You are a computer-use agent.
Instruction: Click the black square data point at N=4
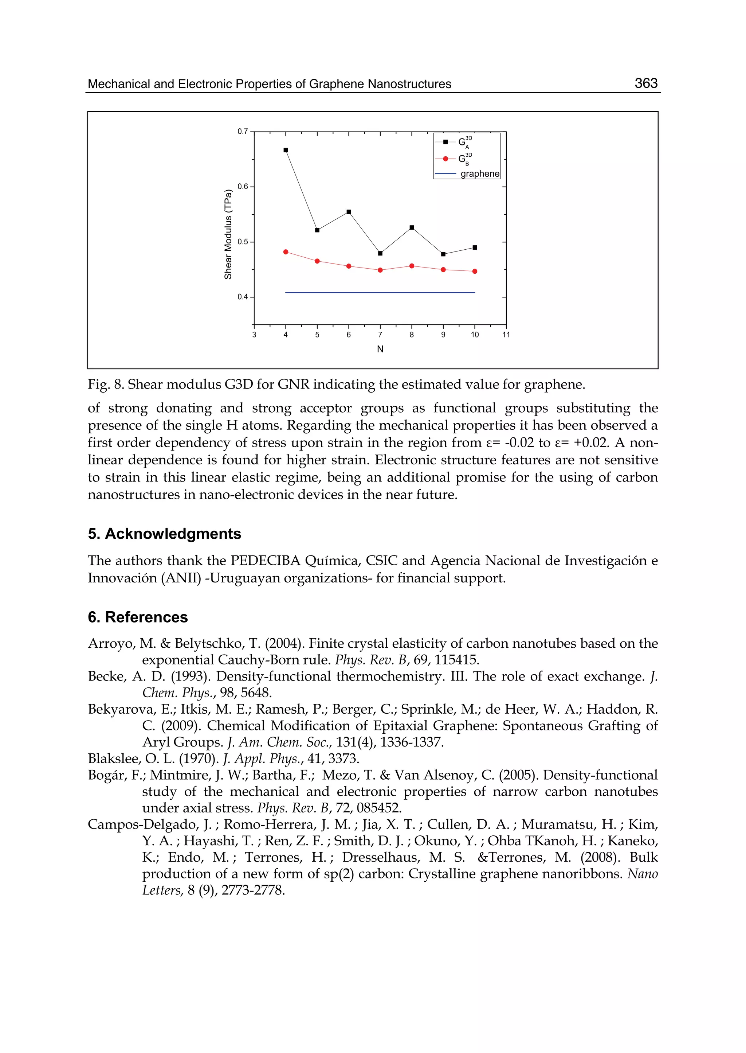click(286, 150)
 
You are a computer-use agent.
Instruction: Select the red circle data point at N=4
click(286, 252)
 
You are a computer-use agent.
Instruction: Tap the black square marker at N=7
click(380, 253)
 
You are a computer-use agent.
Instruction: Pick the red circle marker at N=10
click(475, 271)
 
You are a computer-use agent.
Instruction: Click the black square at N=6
click(349, 212)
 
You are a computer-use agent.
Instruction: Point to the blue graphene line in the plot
click(380, 292)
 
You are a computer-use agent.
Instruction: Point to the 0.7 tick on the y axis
click(243, 132)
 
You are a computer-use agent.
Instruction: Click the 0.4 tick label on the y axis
click(243, 297)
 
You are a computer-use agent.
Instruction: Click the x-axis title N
click(380, 349)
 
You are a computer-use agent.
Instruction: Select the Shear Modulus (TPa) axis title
click(228, 234)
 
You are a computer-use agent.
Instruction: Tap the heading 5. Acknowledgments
click(164, 534)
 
